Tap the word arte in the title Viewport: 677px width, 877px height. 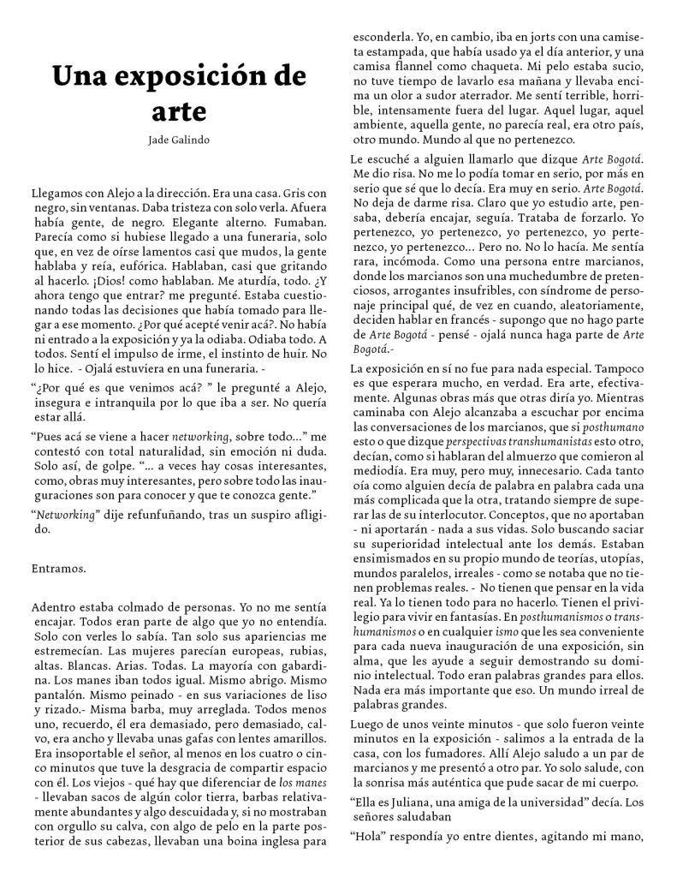point(179,111)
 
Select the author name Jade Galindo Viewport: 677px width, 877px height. point(179,139)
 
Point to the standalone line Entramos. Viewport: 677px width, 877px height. point(56,567)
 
